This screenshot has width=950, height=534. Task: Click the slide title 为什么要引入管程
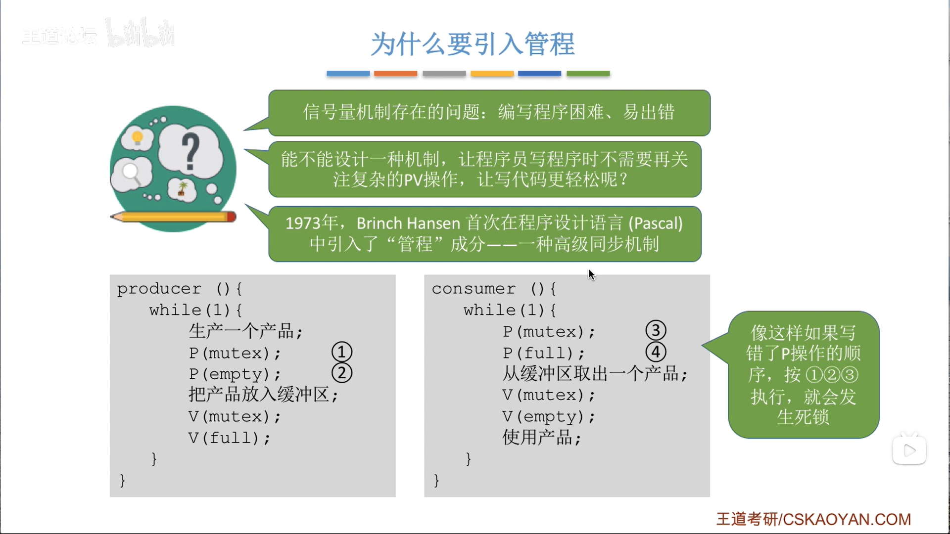(473, 44)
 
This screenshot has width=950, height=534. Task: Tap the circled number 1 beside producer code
(342, 352)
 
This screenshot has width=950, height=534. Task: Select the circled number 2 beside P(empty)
(342, 373)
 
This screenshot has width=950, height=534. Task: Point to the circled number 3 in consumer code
(656, 330)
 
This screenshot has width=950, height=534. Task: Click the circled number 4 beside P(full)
(656, 352)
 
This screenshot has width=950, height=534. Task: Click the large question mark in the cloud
(190, 152)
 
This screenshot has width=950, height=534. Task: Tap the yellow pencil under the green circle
(173, 217)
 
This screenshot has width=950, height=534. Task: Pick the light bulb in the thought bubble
(138, 138)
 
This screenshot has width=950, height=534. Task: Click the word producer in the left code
(159, 289)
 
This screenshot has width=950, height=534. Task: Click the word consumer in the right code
(474, 289)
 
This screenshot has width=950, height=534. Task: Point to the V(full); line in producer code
(229, 438)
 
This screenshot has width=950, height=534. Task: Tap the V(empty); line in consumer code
(548, 417)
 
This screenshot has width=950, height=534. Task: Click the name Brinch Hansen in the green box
(408, 223)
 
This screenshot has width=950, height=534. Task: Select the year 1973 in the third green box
(302, 223)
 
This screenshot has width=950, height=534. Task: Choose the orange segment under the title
(395, 74)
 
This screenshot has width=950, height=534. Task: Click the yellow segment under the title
(492, 74)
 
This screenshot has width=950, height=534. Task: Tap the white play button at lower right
(909, 450)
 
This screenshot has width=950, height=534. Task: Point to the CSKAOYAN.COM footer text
(847, 519)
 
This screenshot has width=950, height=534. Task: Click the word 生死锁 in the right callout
(803, 417)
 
